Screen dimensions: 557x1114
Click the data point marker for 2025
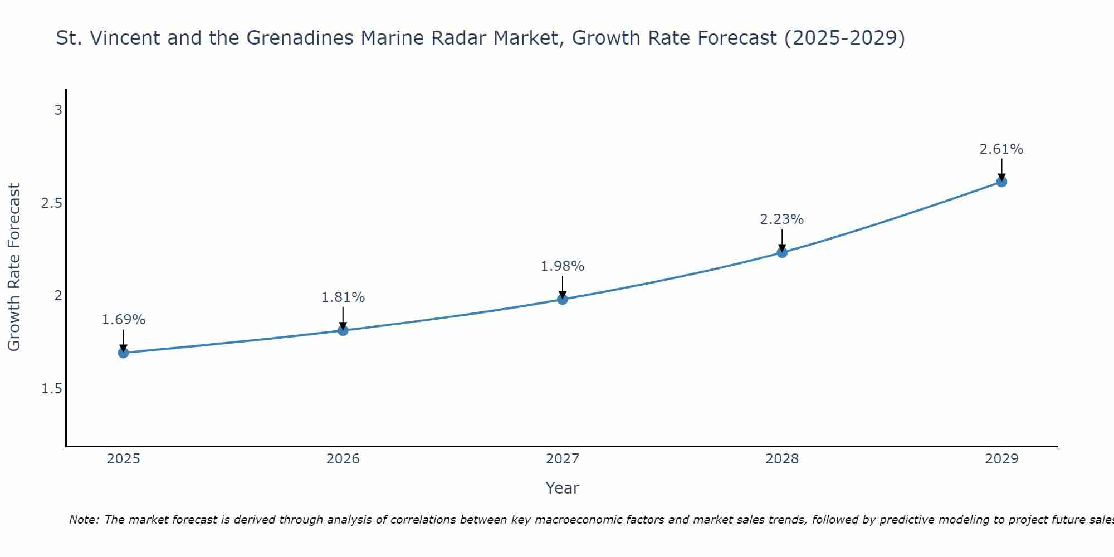click(x=123, y=353)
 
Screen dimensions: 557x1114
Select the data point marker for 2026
click(x=343, y=330)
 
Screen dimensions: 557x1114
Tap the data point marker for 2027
click(x=563, y=299)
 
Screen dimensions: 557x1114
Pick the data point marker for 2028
click(x=782, y=252)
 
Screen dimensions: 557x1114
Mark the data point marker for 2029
click(x=1001, y=182)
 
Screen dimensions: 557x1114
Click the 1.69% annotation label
click(x=123, y=320)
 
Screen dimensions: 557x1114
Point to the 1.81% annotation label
click(x=343, y=297)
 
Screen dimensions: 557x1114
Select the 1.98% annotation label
click(x=563, y=266)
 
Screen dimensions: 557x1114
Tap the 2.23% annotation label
click(x=782, y=219)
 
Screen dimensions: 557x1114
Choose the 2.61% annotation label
click(x=1001, y=149)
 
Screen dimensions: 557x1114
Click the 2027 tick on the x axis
click(x=563, y=459)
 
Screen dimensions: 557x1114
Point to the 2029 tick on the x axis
click(x=1001, y=459)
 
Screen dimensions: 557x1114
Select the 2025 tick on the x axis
click(x=123, y=459)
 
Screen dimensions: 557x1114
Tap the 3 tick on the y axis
click(x=58, y=110)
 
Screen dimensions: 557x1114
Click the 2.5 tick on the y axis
click(x=52, y=203)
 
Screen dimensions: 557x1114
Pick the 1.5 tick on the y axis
click(x=52, y=389)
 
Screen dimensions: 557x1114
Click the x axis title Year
click(x=563, y=488)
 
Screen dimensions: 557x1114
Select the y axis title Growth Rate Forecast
click(x=14, y=267)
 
